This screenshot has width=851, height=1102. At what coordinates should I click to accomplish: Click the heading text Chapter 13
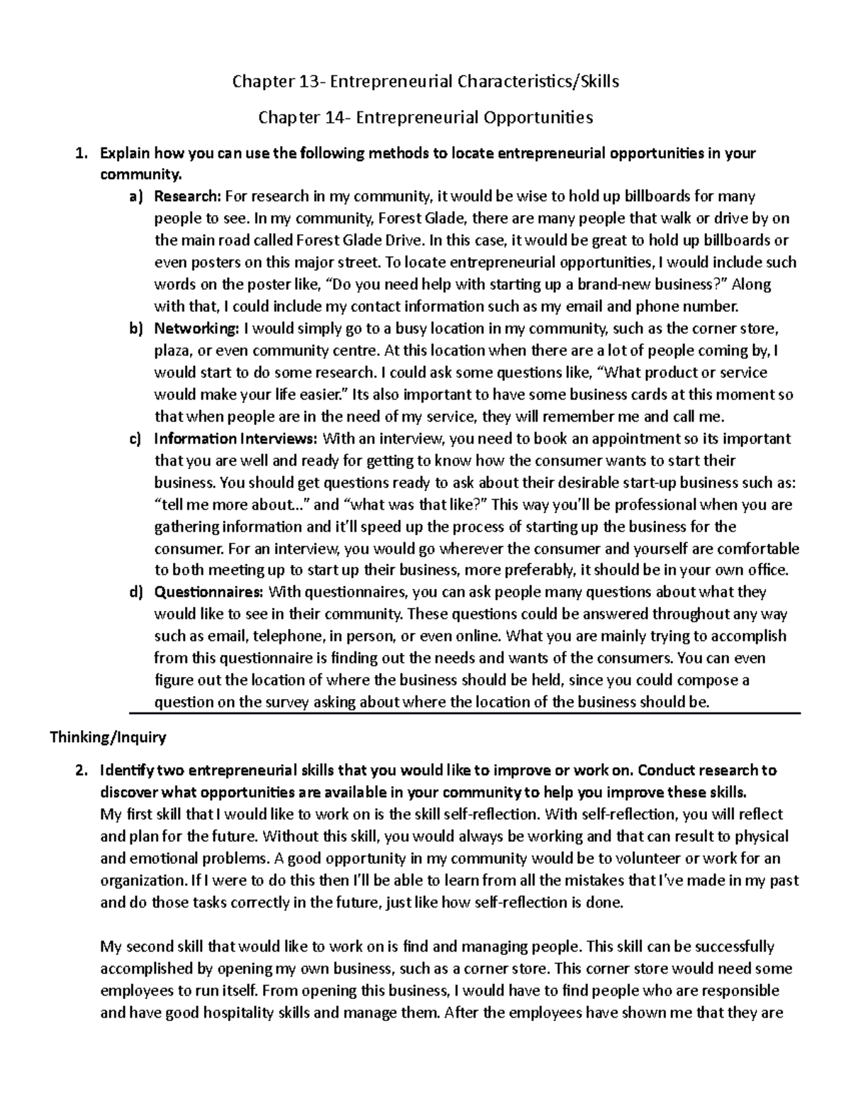click(x=276, y=82)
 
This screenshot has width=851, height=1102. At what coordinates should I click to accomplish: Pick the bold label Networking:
click(x=196, y=329)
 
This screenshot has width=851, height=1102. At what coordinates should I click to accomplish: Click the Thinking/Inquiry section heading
click(x=108, y=737)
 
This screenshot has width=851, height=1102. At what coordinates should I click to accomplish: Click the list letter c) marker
click(x=135, y=439)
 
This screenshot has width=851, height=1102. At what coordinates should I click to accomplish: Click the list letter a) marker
click(x=135, y=197)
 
